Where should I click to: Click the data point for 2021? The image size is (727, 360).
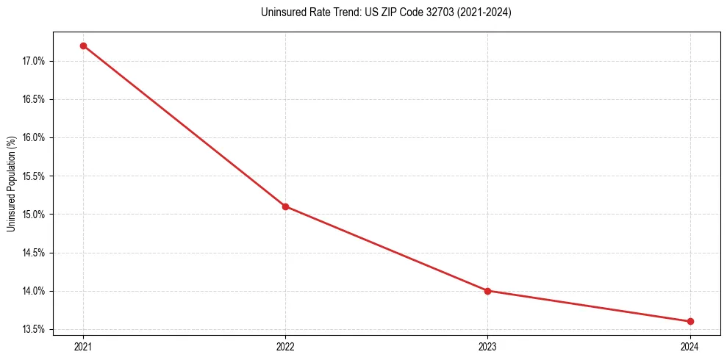83,46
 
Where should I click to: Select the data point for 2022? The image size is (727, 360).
285,206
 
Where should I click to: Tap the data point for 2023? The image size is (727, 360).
487,291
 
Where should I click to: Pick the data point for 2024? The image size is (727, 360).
690,321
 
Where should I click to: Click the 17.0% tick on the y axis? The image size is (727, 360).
34,61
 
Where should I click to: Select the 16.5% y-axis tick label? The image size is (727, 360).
34,99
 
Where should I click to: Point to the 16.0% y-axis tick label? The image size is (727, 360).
34,137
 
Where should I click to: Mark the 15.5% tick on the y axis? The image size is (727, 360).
34,176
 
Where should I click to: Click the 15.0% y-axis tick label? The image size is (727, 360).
34,215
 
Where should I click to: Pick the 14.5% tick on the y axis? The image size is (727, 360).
34,253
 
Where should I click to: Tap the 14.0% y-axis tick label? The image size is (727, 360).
34,291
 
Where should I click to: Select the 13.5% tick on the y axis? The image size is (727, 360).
34,329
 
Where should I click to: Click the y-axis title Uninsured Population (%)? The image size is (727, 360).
11,183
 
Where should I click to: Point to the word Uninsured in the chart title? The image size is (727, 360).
280,12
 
